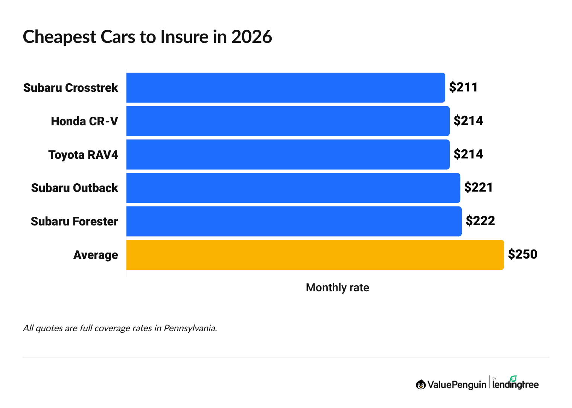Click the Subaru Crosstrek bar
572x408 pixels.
[x=286, y=88]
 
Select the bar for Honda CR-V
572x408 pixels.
[x=288, y=121]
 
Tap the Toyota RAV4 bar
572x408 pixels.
[x=288, y=154]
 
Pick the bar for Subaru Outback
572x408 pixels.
[x=293, y=188]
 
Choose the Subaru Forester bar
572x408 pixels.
[x=294, y=221]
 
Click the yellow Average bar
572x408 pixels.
[x=315, y=255]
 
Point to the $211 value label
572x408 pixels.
[x=463, y=87]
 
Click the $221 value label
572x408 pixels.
[x=478, y=187]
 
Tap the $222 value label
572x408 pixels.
[x=480, y=221]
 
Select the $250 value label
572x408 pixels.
[x=522, y=254]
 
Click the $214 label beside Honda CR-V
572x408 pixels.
[x=468, y=121]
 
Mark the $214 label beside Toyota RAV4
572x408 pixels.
[x=468, y=154]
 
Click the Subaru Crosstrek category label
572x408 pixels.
[x=71, y=88]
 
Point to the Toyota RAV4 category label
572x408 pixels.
[x=83, y=155]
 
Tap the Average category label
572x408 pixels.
[x=96, y=255]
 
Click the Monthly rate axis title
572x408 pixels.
[x=337, y=288]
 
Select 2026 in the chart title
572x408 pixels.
[x=251, y=37]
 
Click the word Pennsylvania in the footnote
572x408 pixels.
[x=190, y=328]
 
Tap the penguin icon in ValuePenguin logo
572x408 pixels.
[x=421, y=384]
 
